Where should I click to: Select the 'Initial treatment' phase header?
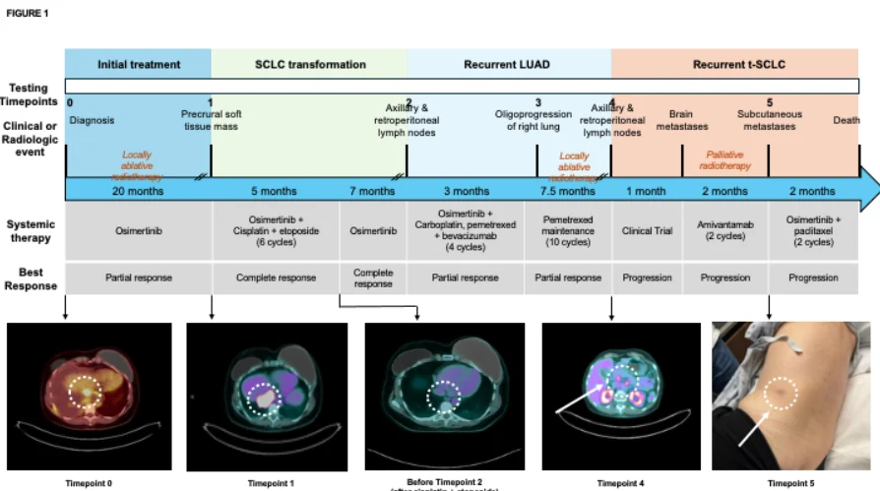click(x=139, y=65)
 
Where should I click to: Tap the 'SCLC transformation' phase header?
click(x=310, y=65)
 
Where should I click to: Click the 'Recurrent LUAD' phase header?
click(x=509, y=65)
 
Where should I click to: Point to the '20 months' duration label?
click(x=139, y=191)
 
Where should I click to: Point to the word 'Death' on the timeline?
click(x=846, y=121)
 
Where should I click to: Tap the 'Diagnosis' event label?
click(x=93, y=120)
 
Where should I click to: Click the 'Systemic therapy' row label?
click(x=31, y=231)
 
